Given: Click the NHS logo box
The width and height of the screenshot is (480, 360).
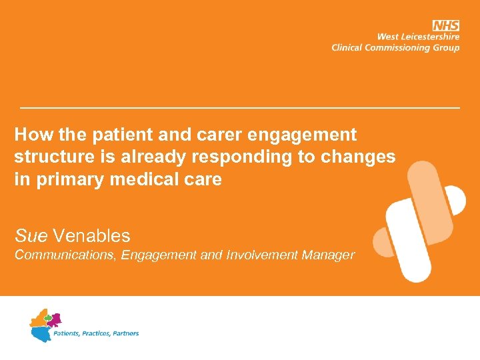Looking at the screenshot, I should click(445, 25).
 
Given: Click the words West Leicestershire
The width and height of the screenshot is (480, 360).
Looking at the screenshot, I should click(418, 37).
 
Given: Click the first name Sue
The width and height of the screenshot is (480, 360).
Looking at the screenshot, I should click(31, 235).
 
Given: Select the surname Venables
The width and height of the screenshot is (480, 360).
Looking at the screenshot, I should click(91, 235).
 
